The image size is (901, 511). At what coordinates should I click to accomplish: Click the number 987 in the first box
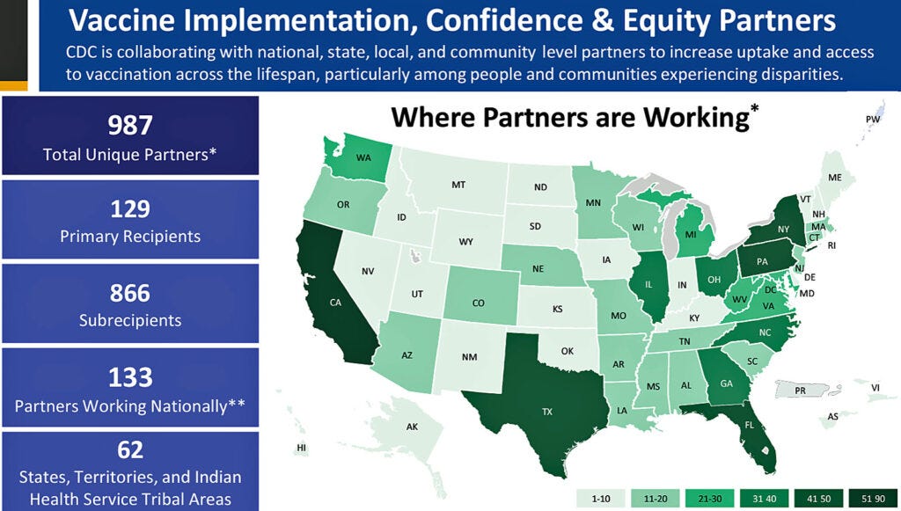(129, 125)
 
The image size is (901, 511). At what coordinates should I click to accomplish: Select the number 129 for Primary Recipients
(129, 209)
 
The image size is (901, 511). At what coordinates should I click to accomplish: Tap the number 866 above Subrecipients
(129, 293)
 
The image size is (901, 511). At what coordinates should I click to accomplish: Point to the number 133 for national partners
(129, 377)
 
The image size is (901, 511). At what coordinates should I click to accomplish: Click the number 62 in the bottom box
(129, 451)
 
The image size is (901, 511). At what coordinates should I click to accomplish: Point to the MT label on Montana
(458, 185)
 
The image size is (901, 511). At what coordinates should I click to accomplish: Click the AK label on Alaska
(411, 427)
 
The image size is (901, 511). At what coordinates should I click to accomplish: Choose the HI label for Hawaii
(303, 448)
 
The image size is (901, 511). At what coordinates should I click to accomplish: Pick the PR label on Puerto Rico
(801, 390)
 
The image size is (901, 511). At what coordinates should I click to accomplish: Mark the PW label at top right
(873, 119)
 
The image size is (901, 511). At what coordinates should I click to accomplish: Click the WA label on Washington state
(363, 158)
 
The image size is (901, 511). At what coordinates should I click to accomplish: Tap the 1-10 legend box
(601, 498)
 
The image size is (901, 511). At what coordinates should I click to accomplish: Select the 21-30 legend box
(710, 498)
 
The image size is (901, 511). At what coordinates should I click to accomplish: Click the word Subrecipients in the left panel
(129, 320)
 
